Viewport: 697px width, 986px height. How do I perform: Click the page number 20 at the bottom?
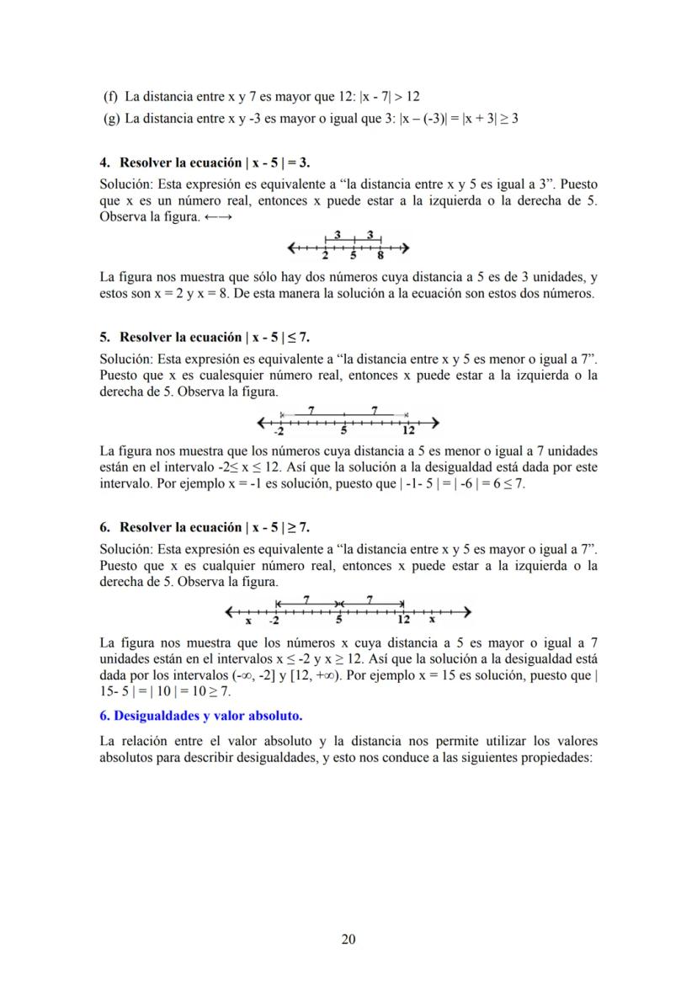coord(348,940)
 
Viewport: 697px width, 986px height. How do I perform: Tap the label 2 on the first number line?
coord(325,257)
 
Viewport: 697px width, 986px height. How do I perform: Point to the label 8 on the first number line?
coord(380,257)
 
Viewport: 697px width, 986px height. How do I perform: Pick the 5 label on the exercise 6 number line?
coord(339,621)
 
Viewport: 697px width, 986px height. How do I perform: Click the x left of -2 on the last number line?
coord(248,621)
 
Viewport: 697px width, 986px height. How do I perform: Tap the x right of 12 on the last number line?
coord(432,621)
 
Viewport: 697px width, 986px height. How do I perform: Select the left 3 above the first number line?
coord(337,235)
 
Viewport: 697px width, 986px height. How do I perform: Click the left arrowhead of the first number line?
coord(291,248)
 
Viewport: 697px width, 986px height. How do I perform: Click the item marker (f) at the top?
coord(111,96)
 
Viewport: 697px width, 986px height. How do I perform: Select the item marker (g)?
coord(111,119)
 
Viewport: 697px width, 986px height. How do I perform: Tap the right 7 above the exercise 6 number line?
coord(370,600)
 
